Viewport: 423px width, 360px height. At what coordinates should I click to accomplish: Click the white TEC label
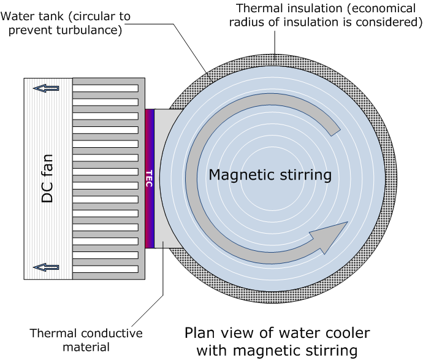(149, 178)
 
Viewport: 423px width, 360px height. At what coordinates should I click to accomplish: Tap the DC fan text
(47, 178)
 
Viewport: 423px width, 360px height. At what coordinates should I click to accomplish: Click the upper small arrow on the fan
(47, 88)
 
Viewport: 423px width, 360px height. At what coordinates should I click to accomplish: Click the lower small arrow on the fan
(47, 267)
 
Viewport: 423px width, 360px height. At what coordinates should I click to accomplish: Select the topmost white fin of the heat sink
(105, 88)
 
